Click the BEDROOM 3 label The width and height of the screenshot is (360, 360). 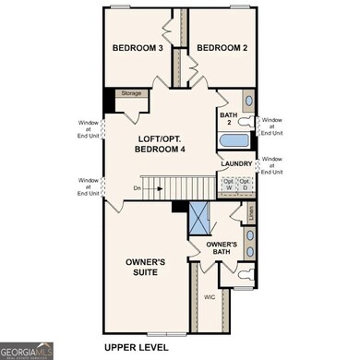click(x=138, y=48)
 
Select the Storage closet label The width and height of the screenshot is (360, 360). click(x=131, y=93)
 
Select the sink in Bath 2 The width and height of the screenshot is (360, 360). click(x=246, y=101)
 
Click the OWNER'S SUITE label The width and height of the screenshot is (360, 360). click(x=145, y=268)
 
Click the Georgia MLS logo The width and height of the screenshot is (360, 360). click(x=27, y=350)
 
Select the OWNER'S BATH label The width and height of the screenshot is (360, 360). click(x=222, y=249)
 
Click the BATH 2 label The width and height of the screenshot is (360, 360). click(x=226, y=119)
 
